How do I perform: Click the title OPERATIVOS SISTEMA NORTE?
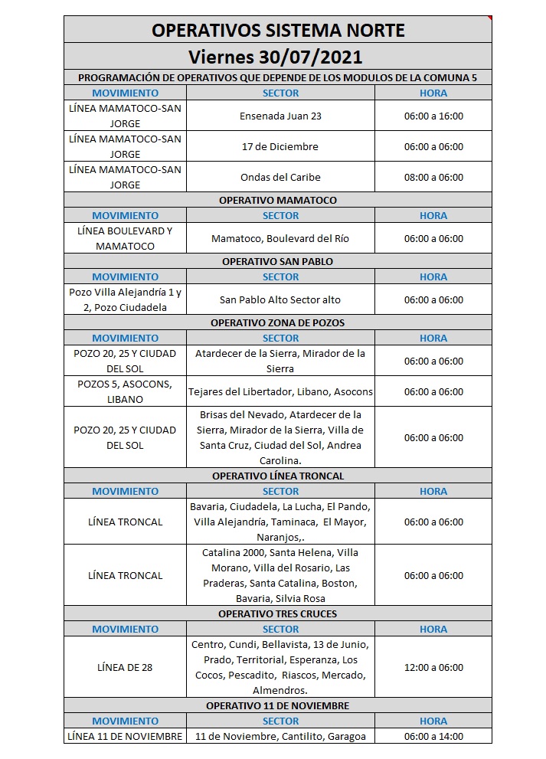point(278,30)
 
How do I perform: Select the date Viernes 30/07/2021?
point(278,57)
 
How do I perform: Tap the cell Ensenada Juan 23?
point(280,116)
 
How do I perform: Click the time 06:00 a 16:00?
point(433,116)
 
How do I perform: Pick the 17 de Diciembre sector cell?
point(280,146)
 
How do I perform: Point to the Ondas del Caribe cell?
point(280,177)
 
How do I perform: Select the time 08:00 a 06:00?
point(433,177)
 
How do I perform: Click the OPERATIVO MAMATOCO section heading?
point(278,200)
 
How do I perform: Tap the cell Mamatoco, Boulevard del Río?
point(280,238)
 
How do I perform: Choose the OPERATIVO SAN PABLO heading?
point(278,261)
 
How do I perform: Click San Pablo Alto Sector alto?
point(280,299)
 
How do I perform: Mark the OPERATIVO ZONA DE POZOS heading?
point(278,322)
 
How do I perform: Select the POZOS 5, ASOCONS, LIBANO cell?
point(125,391)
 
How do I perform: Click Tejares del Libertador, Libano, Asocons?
point(280,391)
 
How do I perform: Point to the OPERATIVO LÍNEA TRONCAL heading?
point(278,476)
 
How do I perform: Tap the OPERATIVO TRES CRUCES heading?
point(278,613)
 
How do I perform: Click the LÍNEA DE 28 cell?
point(125,667)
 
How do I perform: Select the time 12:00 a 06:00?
point(433,667)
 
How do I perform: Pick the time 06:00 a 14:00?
point(433,736)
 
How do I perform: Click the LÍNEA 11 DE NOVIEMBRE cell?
point(125,736)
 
